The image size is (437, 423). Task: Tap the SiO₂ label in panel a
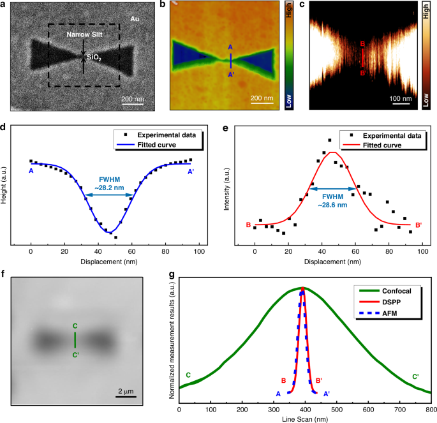pyautogui.click(x=96, y=57)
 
